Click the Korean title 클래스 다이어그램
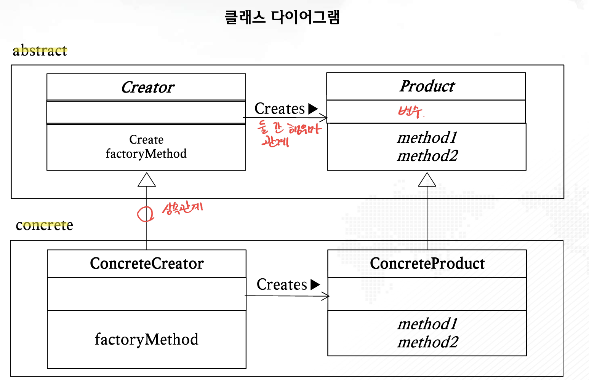282,18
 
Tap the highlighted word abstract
40,51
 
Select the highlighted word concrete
44,225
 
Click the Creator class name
147,88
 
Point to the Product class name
427,86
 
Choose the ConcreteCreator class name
147,263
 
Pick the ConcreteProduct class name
427,263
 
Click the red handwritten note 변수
410,112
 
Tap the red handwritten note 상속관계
182,208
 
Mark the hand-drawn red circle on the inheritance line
145,214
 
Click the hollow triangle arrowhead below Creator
147,180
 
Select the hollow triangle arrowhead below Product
427,180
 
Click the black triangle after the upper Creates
313,109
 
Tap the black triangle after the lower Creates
315,285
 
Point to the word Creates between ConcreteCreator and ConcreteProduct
282,285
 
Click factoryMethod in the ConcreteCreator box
147,339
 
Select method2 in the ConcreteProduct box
427,342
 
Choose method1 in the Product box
427,138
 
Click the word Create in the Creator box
146,140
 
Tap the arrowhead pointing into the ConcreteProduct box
326,296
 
